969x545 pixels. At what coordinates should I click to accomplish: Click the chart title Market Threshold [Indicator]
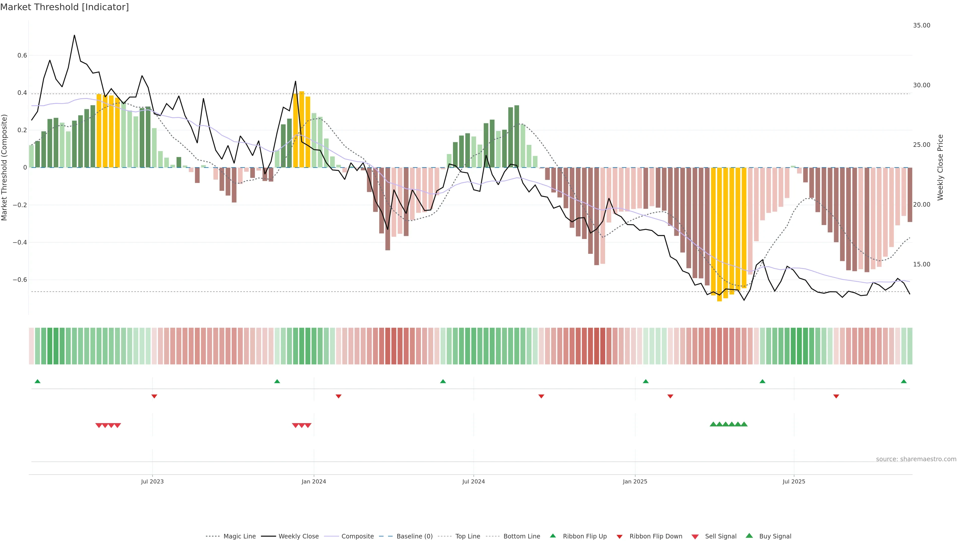pos(64,7)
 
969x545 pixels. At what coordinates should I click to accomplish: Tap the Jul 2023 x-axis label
pos(152,481)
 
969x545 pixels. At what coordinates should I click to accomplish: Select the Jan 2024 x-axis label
pos(314,481)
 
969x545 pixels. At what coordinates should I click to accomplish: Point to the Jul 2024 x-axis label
pos(474,481)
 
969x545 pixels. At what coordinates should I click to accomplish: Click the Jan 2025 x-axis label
pos(635,481)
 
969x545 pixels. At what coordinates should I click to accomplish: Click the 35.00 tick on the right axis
pos(922,25)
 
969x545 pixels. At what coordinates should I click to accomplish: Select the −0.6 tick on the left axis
pos(20,280)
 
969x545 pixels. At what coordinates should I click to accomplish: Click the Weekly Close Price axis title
pos(940,167)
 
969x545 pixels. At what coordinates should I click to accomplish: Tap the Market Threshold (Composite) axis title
pos(5,167)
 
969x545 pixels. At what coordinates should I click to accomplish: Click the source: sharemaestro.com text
pos(916,459)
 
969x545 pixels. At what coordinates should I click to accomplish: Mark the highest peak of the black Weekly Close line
pos(74,35)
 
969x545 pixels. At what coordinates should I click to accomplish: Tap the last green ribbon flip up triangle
pos(904,381)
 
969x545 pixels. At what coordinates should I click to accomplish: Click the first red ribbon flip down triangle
pos(154,396)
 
